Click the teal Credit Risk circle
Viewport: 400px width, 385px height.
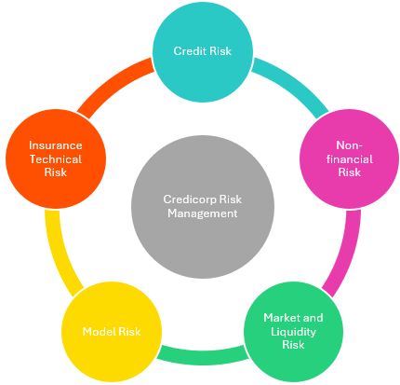point(203,51)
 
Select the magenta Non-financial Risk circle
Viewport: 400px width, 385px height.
point(349,158)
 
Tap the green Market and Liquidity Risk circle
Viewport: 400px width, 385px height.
point(293,331)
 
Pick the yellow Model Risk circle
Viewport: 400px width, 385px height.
point(112,331)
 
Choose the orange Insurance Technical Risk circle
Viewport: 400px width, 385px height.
point(56,158)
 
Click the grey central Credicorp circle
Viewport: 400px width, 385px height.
point(203,207)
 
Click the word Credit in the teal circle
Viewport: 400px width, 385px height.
point(189,51)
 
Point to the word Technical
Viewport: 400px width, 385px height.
point(56,159)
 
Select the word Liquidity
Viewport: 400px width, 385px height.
point(293,332)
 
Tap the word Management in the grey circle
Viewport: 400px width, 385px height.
point(203,213)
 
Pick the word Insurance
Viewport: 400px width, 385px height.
point(56,145)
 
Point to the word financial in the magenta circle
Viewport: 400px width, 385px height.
point(350,159)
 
